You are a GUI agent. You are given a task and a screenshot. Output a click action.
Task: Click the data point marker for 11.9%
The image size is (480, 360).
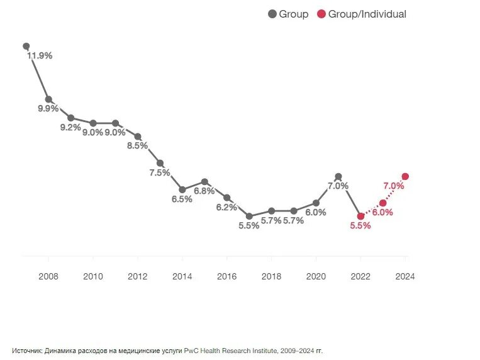(26, 46)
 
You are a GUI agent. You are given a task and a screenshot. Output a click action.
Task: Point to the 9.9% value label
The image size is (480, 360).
(48, 108)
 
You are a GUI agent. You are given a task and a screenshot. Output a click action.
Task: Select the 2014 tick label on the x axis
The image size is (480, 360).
(182, 276)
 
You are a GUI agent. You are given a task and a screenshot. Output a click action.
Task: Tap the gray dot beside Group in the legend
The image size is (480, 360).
(272, 14)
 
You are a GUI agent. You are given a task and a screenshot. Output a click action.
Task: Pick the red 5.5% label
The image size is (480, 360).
(360, 226)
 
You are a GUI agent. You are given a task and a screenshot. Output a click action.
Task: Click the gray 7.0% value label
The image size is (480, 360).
(338, 186)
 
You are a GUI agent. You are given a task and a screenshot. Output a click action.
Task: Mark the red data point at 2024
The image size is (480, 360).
(405, 176)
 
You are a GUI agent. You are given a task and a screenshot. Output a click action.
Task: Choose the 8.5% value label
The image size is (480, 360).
(137, 145)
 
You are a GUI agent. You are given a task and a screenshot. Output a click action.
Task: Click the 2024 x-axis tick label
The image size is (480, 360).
(405, 276)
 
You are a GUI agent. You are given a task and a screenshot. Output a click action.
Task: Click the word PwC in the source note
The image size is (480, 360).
(191, 351)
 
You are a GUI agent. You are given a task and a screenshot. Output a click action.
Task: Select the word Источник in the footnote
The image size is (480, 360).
(27, 351)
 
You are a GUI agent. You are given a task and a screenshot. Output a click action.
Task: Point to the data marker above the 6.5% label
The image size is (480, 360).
(182, 189)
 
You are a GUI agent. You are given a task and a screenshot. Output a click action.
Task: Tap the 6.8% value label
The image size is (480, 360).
(204, 191)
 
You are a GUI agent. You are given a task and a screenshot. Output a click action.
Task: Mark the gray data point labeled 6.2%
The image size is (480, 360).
(226, 198)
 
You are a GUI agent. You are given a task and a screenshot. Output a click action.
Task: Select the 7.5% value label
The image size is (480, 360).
(160, 172)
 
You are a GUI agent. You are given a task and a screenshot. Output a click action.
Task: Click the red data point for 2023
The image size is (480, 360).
(382, 203)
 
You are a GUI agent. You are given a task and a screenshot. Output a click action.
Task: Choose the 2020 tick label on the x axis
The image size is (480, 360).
(315, 276)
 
